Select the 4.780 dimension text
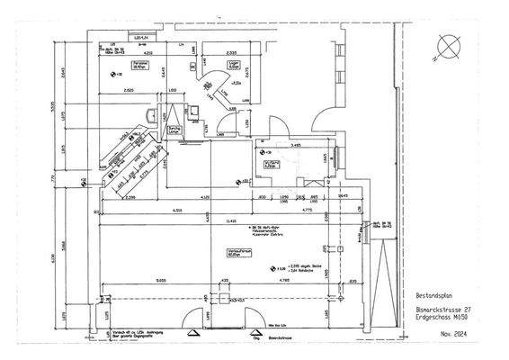(x=284, y=281)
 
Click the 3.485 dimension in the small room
(x=295, y=143)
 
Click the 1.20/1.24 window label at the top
(x=141, y=38)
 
